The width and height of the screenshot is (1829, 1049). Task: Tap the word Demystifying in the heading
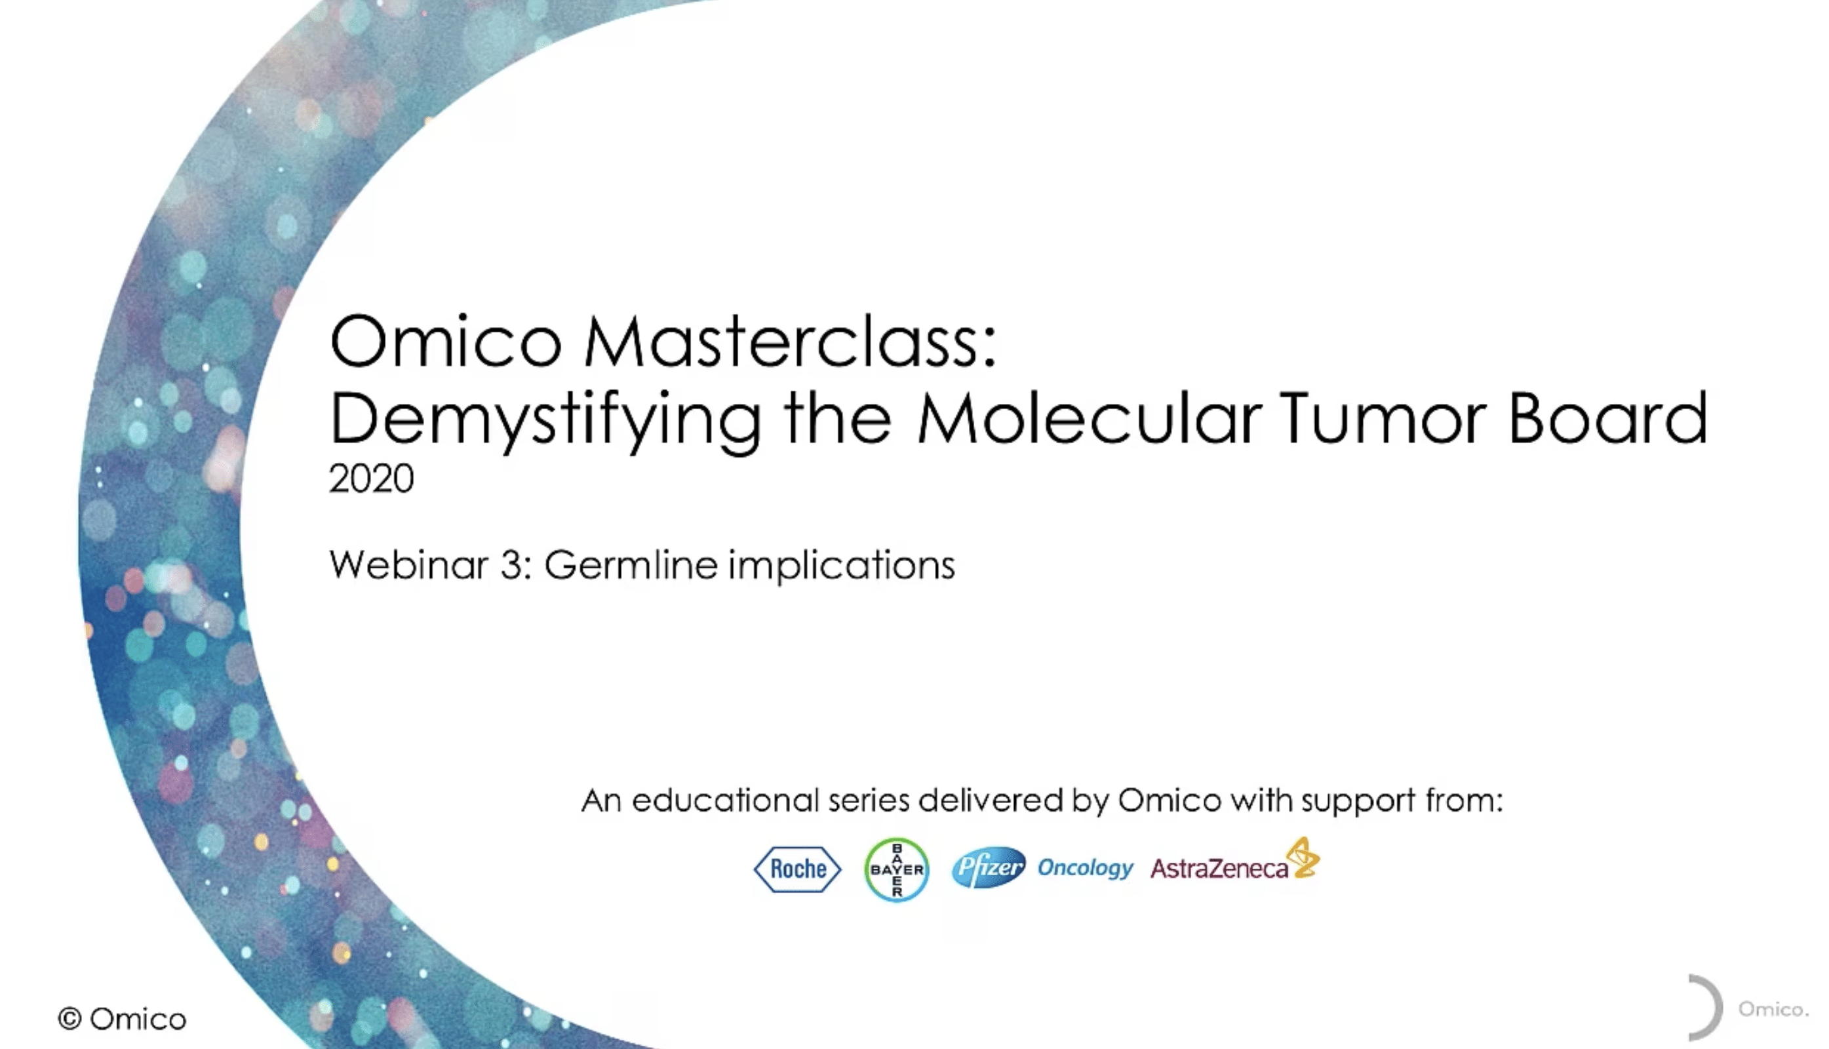(545, 420)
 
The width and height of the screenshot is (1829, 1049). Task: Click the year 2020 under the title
(371, 479)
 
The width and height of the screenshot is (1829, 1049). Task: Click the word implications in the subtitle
(840, 566)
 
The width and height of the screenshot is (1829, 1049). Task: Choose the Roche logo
(797, 869)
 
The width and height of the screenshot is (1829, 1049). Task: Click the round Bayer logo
(896, 869)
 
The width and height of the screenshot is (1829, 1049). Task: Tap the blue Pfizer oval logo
(988, 867)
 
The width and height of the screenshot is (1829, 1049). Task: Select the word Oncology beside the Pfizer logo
(1085, 868)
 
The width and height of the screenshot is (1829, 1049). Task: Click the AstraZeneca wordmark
(1219, 869)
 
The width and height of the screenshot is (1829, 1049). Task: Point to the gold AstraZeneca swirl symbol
(1304, 858)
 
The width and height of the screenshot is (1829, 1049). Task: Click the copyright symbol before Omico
(70, 1019)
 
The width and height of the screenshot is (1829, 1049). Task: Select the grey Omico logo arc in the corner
(1706, 1007)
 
